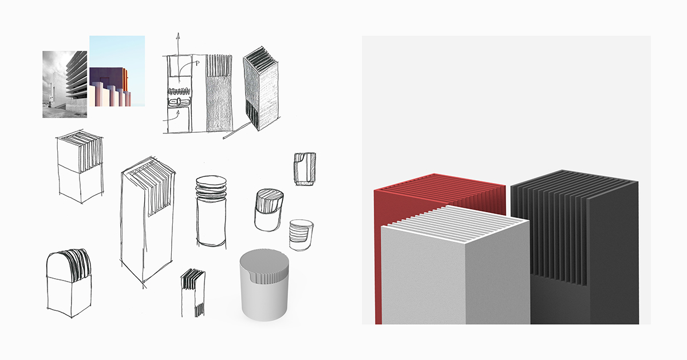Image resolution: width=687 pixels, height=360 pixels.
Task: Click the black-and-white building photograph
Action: [64, 84]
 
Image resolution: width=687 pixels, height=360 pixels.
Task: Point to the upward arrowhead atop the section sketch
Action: [178, 36]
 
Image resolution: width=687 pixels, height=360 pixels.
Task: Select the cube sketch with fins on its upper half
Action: [80, 166]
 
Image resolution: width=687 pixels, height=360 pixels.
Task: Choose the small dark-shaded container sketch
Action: [304, 169]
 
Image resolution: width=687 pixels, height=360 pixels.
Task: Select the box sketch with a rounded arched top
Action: [68, 280]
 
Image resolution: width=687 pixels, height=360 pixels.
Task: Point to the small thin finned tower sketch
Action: [193, 292]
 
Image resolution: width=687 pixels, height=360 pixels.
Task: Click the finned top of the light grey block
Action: [455, 220]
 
